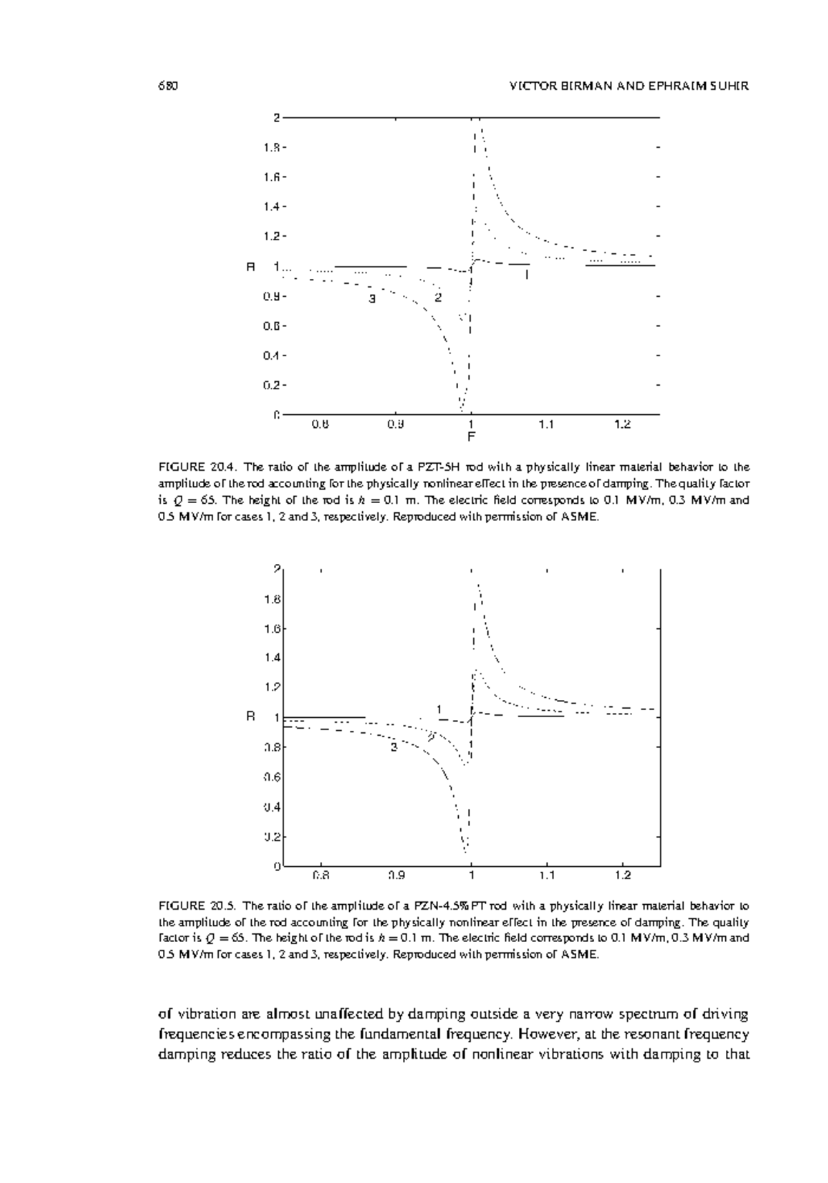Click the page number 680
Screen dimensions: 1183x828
coord(168,86)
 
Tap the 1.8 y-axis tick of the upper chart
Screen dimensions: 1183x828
coord(274,147)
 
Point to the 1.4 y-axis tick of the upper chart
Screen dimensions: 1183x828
coord(274,206)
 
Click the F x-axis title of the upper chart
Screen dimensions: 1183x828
coord(471,437)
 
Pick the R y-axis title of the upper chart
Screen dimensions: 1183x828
coord(251,266)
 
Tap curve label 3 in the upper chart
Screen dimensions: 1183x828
coord(372,299)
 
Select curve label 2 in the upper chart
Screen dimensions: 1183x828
coord(437,297)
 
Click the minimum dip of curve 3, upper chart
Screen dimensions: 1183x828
coord(462,409)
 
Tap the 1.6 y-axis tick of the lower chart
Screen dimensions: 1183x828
coord(274,629)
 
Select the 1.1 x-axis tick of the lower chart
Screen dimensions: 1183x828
coord(546,876)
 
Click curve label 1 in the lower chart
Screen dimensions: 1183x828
coord(438,709)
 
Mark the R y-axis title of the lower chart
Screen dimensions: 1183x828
coord(251,716)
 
